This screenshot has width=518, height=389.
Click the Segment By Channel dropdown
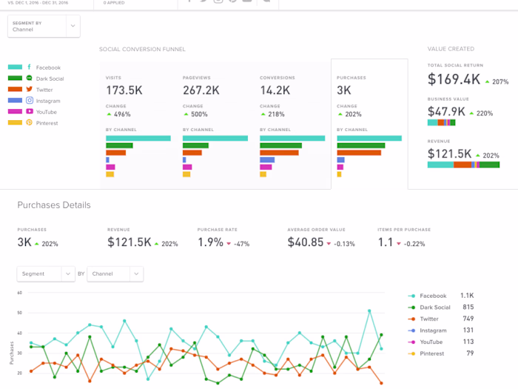coord(44,27)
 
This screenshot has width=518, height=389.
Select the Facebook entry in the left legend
coord(48,67)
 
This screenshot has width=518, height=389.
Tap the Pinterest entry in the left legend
coord(47,122)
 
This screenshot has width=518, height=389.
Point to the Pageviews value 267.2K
coord(201,90)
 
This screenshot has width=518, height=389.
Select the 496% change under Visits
coord(121,115)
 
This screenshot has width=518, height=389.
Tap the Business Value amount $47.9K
coord(447,112)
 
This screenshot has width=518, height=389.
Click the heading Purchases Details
coord(54,205)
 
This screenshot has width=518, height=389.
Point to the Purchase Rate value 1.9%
coord(210,242)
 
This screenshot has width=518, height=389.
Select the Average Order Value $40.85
coord(306,242)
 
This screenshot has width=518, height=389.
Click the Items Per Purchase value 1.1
coord(386,242)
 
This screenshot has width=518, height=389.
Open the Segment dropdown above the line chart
coord(46,274)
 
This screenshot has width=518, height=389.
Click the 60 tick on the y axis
coord(20,293)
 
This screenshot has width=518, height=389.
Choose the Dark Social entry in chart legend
coord(435,307)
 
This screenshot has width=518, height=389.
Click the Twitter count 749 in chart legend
coord(468,319)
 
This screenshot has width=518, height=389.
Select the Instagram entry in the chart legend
coord(433,330)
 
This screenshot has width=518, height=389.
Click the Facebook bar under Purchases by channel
coord(369,139)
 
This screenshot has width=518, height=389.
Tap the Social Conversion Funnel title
coord(142,50)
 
